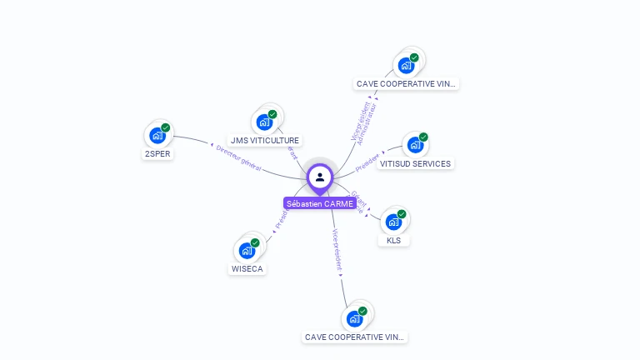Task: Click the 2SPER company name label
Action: click(x=158, y=153)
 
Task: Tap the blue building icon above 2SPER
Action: click(x=157, y=135)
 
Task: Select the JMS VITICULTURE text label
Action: click(x=265, y=141)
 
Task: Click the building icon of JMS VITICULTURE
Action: click(x=264, y=122)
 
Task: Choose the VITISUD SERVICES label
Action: click(x=415, y=163)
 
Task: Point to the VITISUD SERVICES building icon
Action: click(x=414, y=145)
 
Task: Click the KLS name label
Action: click(x=394, y=241)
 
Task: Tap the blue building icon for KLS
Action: click(x=392, y=222)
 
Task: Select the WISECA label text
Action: click(x=247, y=269)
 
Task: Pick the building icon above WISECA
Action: click(x=247, y=250)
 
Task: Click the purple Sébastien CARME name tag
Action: click(x=320, y=203)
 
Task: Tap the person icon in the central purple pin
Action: click(x=320, y=177)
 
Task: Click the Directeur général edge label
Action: click(x=239, y=159)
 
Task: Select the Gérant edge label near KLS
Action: click(x=359, y=197)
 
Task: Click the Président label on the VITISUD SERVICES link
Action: click(x=367, y=161)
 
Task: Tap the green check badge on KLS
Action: click(x=402, y=214)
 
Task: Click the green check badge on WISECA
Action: click(x=255, y=242)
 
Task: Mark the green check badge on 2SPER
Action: click(x=166, y=127)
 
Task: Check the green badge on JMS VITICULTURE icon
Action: click(x=272, y=114)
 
